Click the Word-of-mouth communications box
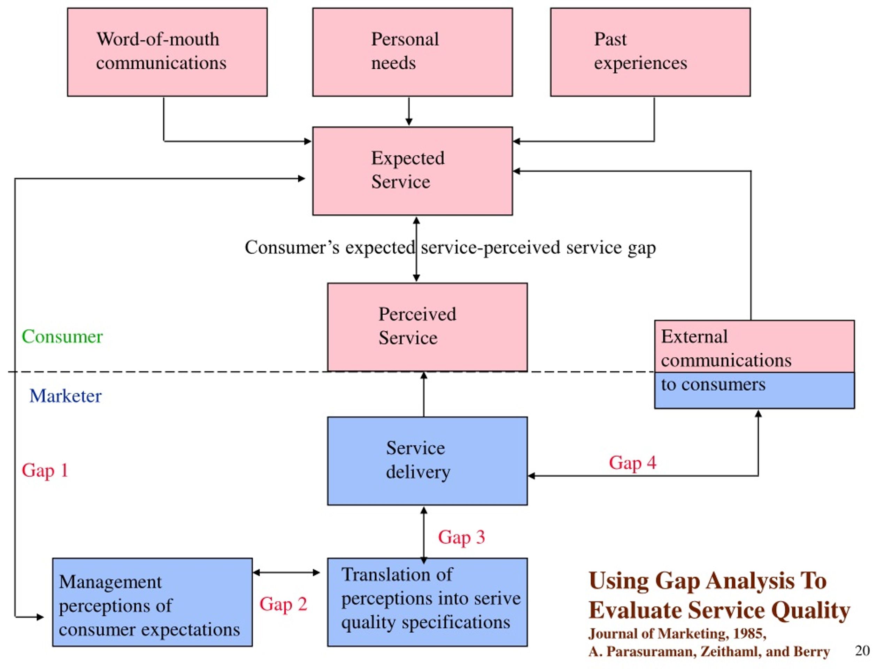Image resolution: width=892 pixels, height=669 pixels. tap(167, 52)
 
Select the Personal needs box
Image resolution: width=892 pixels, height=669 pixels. tap(413, 52)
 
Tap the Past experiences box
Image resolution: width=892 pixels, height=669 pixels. tap(651, 52)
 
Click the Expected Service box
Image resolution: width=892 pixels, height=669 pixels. tap(413, 171)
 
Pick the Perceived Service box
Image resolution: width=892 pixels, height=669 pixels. tap(428, 327)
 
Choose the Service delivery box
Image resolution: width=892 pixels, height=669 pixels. tap(428, 461)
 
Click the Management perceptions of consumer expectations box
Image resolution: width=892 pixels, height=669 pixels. tap(152, 602)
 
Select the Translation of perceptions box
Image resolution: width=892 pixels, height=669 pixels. tap(428, 602)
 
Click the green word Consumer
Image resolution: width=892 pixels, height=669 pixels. tap(62, 336)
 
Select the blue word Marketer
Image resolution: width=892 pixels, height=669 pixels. tap(65, 396)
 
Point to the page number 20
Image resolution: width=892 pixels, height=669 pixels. tap(863, 651)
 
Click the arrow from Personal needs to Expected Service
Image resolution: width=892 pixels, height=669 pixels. tap(409, 111)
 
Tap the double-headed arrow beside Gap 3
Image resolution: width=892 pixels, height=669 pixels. tap(424, 535)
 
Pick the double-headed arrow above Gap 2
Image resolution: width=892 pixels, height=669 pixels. tap(287, 572)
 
